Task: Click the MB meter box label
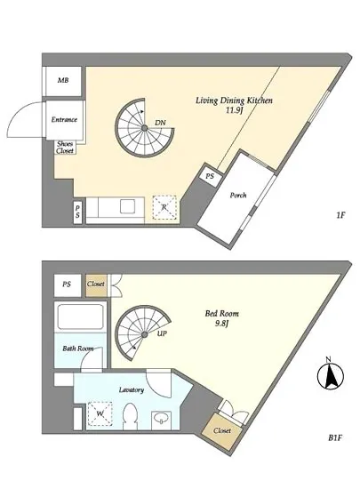click(63, 80)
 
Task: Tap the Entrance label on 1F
click(64, 119)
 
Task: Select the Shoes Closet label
click(65, 148)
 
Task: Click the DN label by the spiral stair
click(161, 123)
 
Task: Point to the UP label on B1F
click(162, 333)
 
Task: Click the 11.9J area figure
click(234, 110)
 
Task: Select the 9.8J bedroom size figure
click(222, 324)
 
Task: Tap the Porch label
click(238, 196)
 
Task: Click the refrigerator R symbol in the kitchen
click(164, 207)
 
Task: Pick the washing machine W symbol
click(100, 413)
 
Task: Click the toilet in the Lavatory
click(130, 417)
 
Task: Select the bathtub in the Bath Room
click(80, 317)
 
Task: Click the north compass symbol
click(331, 376)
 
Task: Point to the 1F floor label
click(340, 215)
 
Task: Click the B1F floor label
click(335, 437)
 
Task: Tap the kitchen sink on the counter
click(127, 206)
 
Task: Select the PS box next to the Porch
click(210, 175)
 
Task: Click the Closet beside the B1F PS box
click(96, 285)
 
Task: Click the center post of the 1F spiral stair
click(145, 128)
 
